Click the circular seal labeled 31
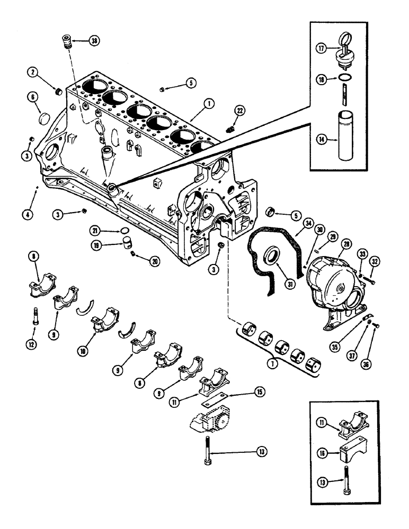click(x=275, y=257)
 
